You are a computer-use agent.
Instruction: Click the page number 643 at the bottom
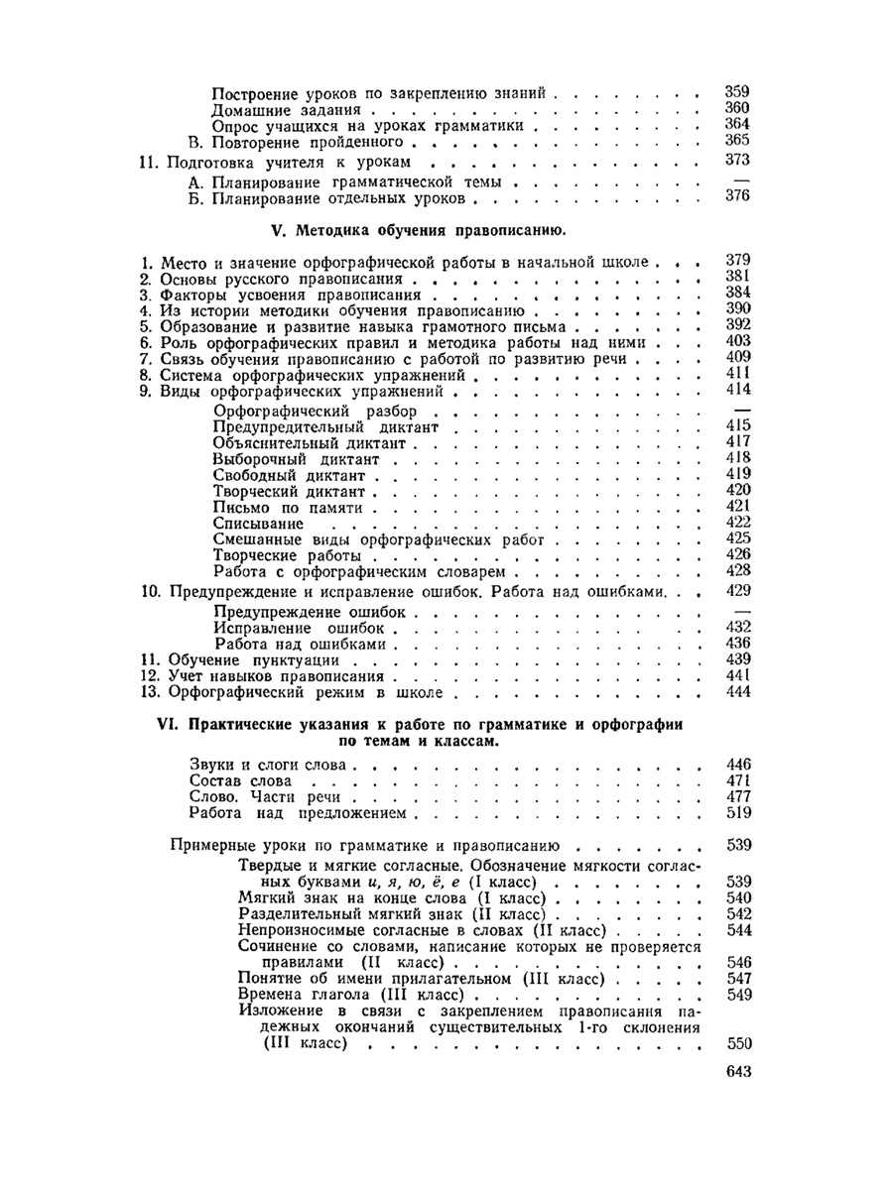[x=735, y=1071]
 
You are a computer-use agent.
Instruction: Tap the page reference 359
[x=736, y=92]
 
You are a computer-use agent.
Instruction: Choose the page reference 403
[x=736, y=341]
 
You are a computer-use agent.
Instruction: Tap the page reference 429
[x=736, y=590]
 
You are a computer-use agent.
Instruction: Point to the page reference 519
[x=736, y=813]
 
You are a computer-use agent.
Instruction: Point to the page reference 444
[x=736, y=691]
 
